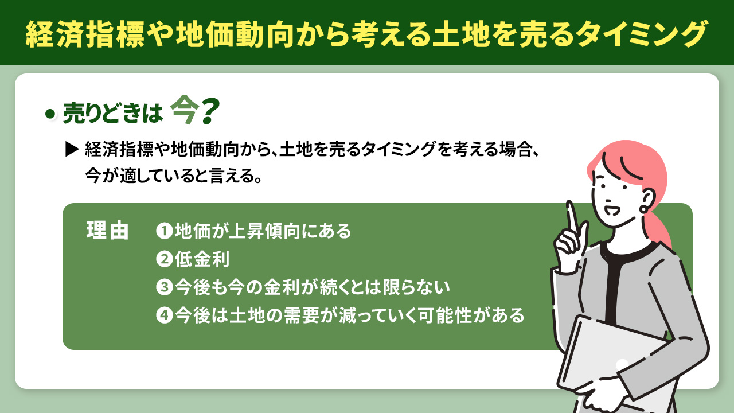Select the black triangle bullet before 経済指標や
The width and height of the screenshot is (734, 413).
tap(72, 150)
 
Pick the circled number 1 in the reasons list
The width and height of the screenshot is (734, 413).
tap(164, 231)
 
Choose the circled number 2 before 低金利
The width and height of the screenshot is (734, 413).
tap(164, 259)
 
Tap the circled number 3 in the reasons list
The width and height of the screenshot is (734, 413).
tap(164, 287)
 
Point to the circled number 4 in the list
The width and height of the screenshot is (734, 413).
tap(164, 315)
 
